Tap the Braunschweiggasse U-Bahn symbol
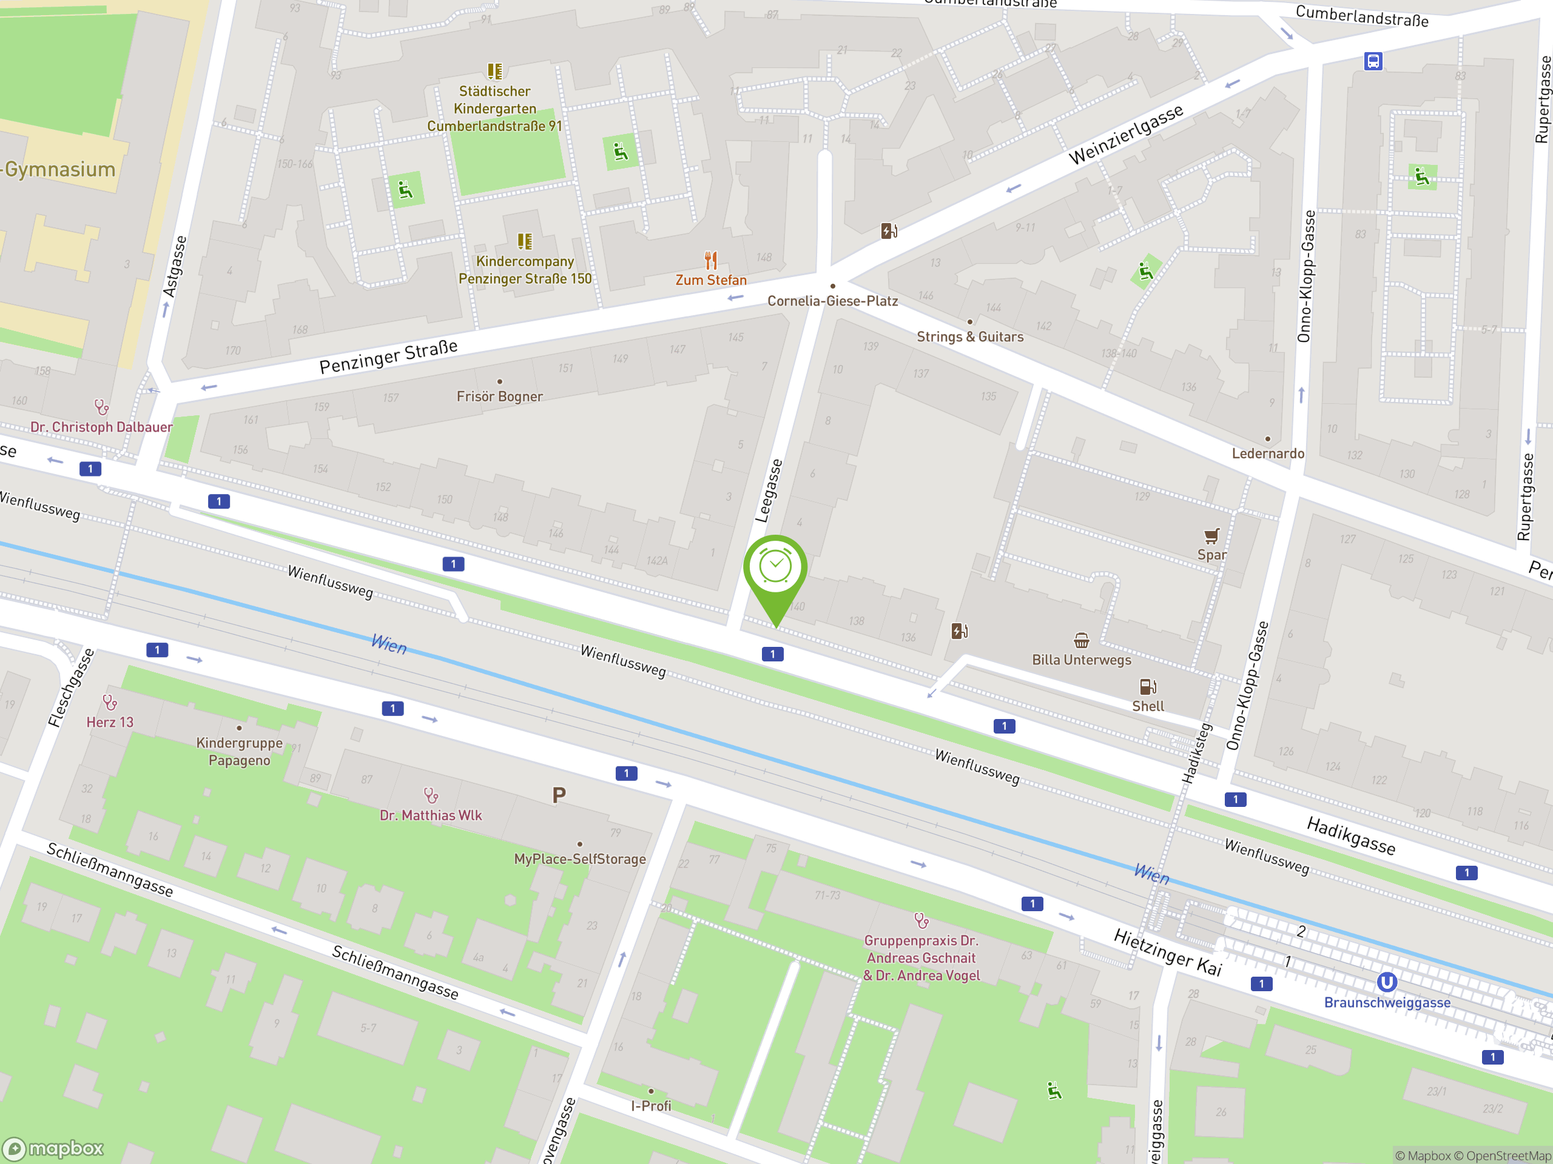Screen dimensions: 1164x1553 point(1386,982)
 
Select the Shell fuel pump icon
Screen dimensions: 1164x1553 point(1147,687)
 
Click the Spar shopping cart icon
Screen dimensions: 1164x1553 point(1211,537)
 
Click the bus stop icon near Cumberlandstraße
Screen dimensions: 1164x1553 point(1373,61)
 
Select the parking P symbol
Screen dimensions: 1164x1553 point(559,795)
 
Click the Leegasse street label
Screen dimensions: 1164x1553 point(769,491)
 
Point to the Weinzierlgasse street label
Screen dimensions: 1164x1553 point(1125,134)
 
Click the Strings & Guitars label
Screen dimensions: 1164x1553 point(969,337)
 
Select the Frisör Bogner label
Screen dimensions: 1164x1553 point(499,396)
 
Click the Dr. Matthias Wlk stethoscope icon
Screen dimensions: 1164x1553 point(431,795)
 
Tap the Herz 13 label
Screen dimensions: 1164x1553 point(110,722)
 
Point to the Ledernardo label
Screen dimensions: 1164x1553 point(1267,453)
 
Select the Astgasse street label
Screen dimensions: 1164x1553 point(175,267)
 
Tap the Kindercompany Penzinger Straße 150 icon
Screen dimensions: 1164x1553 point(525,242)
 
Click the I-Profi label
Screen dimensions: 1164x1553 point(651,1106)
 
